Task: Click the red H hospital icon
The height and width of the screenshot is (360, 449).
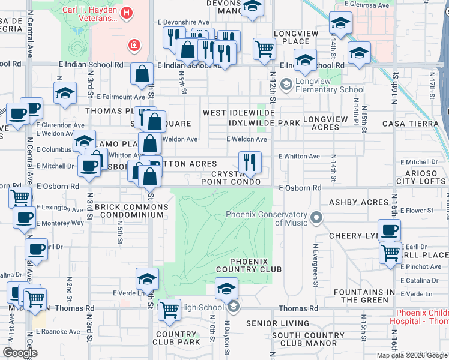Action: (126, 13)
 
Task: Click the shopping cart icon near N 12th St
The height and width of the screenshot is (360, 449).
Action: (264, 49)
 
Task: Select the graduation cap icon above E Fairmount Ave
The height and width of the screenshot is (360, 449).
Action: (65, 93)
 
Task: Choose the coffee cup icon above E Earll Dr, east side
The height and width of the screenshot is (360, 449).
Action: (389, 230)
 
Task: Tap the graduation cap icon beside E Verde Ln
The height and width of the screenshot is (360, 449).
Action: (147, 279)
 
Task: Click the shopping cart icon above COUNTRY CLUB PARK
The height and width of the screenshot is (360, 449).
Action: (170, 310)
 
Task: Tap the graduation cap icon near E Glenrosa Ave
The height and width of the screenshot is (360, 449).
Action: (340, 23)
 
